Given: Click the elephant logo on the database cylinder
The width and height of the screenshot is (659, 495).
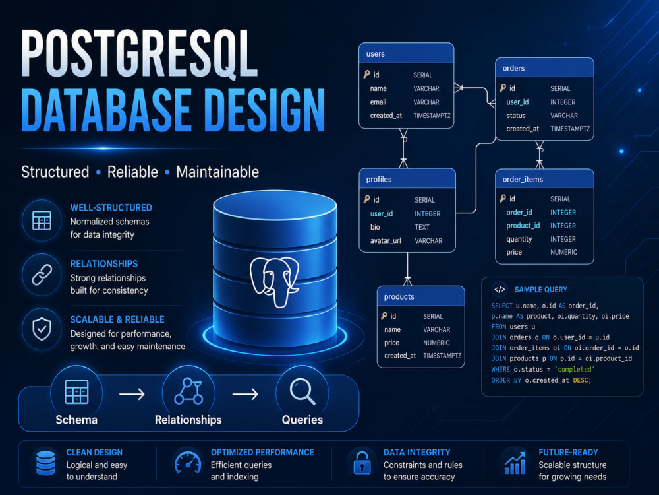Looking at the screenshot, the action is pyautogui.click(x=274, y=282).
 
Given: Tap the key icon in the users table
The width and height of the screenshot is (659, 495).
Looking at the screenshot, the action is pyautogui.click(x=367, y=75).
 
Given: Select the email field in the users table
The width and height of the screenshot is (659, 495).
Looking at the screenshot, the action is pyautogui.click(x=378, y=102).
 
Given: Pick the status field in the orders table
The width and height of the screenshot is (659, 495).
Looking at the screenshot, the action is pyautogui.click(x=516, y=115).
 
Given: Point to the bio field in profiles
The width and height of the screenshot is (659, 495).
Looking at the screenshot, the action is pyautogui.click(x=375, y=227).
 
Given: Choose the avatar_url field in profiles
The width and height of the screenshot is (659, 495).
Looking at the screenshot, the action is pyautogui.click(x=386, y=241).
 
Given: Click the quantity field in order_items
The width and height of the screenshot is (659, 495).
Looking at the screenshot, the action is pyautogui.click(x=519, y=239).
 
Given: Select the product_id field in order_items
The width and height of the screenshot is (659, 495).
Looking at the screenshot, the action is pyautogui.click(x=523, y=226).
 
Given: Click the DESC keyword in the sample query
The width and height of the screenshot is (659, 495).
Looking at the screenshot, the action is pyautogui.click(x=581, y=380).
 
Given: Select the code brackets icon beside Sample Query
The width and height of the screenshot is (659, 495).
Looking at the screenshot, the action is pyautogui.click(x=500, y=290).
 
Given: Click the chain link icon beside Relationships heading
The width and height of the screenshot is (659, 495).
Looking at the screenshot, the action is pyautogui.click(x=42, y=275).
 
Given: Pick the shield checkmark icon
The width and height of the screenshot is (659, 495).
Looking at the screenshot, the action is pyautogui.click(x=42, y=329).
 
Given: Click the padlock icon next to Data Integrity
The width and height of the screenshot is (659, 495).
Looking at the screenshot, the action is pyautogui.click(x=362, y=463).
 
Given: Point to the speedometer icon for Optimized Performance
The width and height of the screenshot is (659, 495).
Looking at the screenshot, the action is pyautogui.click(x=188, y=463).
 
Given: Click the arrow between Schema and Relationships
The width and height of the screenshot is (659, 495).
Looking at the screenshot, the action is pyautogui.click(x=132, y=395).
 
